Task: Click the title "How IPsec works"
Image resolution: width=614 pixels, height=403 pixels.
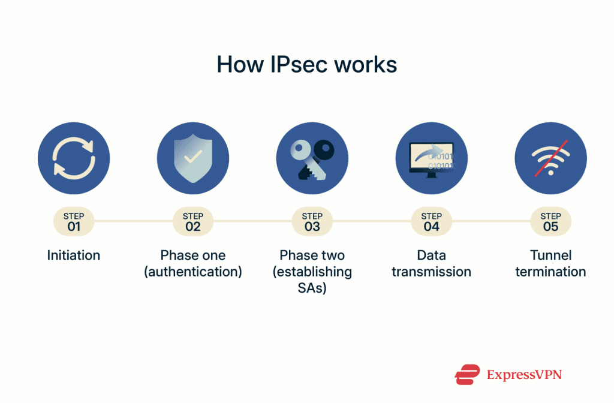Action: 306,64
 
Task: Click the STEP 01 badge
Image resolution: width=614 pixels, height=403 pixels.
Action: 74,222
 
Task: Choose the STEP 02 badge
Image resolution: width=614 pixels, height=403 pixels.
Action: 193,222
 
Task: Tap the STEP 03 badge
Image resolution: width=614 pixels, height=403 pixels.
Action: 312,222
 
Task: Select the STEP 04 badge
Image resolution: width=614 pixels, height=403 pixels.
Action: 431,222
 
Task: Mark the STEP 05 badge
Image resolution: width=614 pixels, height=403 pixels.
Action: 550,222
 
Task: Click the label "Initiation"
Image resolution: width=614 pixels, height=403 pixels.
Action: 74,255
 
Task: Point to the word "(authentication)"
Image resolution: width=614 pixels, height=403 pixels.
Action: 193,272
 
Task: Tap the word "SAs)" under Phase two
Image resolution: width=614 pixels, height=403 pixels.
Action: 312,288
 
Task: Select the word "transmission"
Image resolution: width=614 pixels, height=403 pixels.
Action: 431,272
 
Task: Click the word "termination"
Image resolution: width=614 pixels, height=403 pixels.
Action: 550,272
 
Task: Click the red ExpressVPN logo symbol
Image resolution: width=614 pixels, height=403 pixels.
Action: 467,375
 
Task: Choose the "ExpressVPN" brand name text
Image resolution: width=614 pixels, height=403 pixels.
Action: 524,375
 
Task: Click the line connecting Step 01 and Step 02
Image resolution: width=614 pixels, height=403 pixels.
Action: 133,221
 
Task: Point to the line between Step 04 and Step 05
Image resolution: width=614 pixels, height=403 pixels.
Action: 490,221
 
